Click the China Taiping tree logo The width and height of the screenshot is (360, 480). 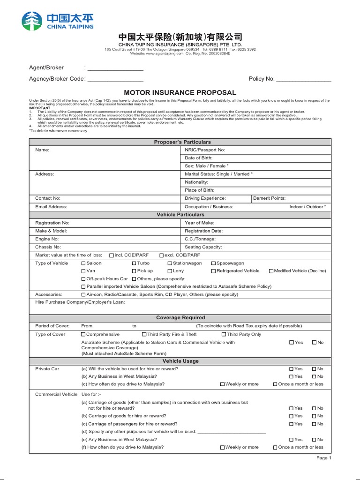click(x=32, y=21)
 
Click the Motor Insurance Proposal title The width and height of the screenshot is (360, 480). click(x=180, y=93)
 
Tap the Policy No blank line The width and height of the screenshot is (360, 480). click(x=304, y=79)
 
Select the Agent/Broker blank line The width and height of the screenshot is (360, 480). click(x=115, y=68)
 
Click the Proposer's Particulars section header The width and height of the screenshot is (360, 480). click(x=180, y=142)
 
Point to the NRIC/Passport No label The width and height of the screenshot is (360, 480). click(x=205, y=150)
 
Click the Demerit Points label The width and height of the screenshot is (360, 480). click(x=269, y=198)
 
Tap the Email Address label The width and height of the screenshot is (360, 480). click(x=51, y=207)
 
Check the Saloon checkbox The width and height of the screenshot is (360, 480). click(x=84, y=263)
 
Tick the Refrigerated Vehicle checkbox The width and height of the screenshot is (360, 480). click(x=213, y=271)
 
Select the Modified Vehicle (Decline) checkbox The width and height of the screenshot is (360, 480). click(x=271, y=271)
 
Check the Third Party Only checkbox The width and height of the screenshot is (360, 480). click(x=224, y=335)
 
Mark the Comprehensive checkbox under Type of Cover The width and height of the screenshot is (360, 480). click(x=83, y=335)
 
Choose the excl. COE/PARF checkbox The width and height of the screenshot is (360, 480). click(x=162, y=255)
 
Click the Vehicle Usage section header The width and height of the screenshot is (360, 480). click(x=180, y=361)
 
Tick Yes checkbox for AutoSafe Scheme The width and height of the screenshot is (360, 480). click(x=292, y=343)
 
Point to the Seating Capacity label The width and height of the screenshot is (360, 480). click(x=203, y=247)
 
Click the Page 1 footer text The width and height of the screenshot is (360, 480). click(x=323, y=458)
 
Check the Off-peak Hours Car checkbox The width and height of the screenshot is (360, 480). click(x=83, y=279)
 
